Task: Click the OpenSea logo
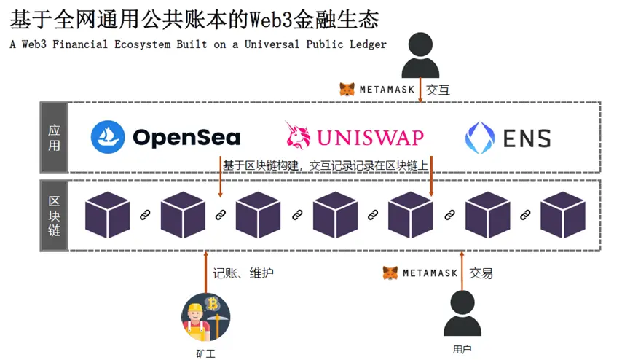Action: (165, 137)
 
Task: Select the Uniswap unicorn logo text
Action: (354, 136)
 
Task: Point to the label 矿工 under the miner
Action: (205, 353)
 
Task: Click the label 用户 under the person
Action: (462, 349)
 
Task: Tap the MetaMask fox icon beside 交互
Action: (347, 90)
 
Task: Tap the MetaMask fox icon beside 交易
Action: (391, 273)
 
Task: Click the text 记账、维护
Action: (243, 273)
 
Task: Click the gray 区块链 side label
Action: (54, 215)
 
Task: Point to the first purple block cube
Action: (107, 215)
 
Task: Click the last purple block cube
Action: (563, 215)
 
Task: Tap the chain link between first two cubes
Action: (145, 215)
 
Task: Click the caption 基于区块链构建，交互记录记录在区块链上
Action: (325, 166)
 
